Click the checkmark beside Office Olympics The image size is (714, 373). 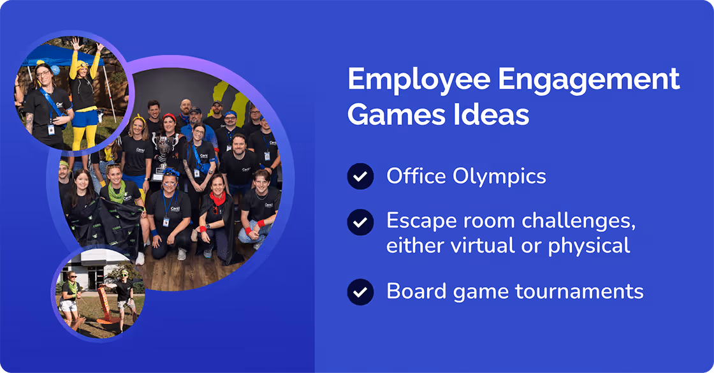tap(360, 176)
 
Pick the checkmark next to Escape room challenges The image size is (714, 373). tap(360, 222)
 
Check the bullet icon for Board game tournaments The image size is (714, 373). tap(360, 291)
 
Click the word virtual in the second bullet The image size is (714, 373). tap(470, 245)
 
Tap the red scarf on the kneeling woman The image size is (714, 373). tap(218, 197)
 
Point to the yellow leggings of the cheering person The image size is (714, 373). tap(81, 131)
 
